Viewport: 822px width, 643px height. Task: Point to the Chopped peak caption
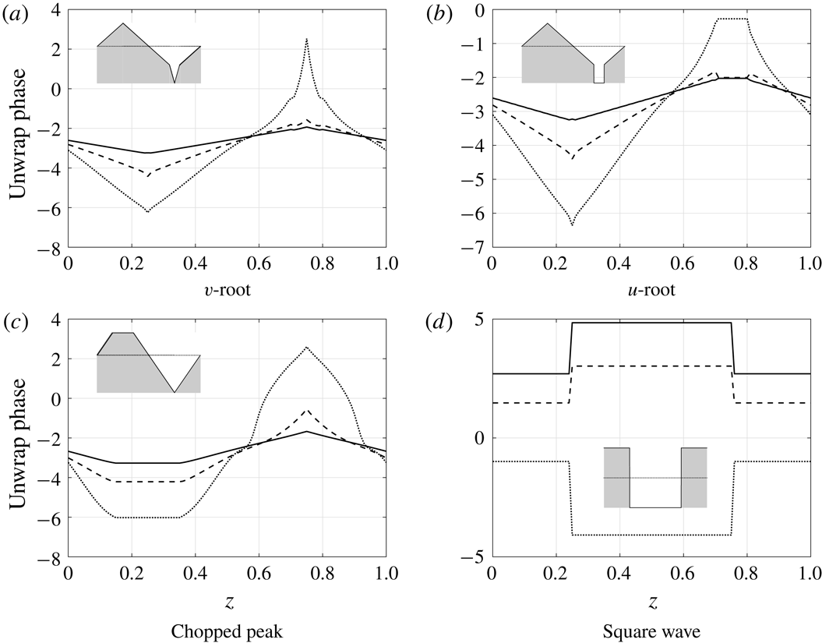227,627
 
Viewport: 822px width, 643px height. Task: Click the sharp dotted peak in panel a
306,39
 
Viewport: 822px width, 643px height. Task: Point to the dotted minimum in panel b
572,225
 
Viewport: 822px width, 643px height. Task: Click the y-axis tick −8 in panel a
49,250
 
